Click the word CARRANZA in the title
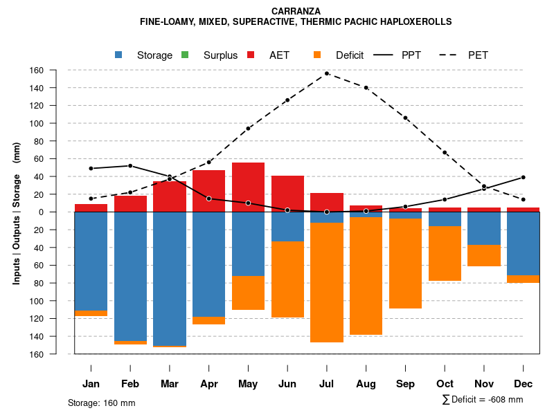(296, 11)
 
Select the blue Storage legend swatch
(118, 55)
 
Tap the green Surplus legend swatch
(185, 55)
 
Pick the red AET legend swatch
(251, 55)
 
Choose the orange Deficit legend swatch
(317, 55)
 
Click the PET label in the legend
(478, 55)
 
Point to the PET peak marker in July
(327, 73)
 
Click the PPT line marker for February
(130, 166)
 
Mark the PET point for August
(366, 88)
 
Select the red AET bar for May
(248, 187)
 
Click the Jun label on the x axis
(287, 384)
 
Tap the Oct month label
(445, 384)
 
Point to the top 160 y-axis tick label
(56, 71)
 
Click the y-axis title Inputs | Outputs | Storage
(17, 212)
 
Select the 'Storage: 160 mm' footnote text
(102, 403)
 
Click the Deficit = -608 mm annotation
(483, 400)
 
